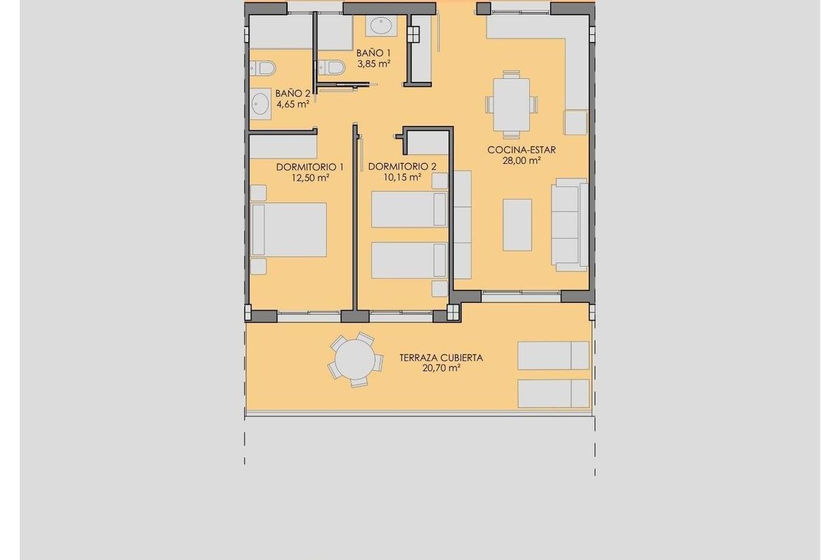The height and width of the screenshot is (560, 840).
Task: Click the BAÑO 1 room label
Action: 373,52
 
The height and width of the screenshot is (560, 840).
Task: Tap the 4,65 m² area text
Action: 293,104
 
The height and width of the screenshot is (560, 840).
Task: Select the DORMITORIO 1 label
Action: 310,167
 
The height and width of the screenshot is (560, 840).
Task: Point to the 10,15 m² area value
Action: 401,177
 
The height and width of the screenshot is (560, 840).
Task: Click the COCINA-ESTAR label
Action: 522,149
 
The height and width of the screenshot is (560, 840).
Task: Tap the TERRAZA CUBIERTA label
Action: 441,357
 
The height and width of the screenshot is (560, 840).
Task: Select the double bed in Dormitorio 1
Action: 289,230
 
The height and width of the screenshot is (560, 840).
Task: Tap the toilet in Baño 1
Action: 331,68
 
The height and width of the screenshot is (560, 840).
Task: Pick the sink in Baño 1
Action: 381,27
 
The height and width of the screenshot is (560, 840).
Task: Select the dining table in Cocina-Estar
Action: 512,105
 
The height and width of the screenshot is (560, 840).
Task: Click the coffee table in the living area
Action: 517,225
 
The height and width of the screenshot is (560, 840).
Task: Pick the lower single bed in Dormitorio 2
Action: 409,260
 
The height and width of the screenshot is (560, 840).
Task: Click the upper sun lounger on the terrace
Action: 553,355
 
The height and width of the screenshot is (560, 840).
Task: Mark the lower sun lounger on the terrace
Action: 553,393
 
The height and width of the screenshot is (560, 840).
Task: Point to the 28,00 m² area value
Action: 522,160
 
